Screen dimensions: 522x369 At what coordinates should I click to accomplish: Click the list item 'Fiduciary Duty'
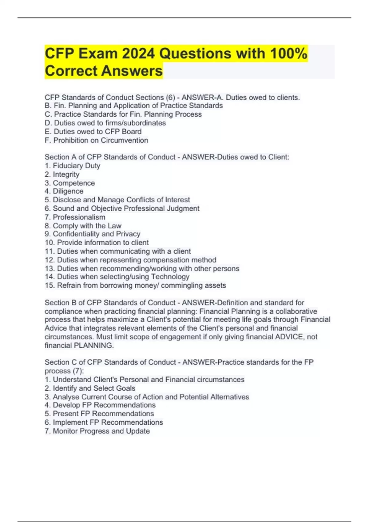pos(77,166)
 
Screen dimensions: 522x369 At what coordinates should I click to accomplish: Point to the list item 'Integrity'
pos(66,174)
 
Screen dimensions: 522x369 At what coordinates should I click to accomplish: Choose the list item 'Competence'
pos(74,183)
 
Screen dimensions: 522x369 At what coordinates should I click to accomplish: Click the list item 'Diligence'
pos(68,191)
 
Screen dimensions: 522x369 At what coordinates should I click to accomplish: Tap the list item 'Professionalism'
pos(79,217)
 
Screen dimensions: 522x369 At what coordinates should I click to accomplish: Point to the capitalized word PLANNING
pos(93,345)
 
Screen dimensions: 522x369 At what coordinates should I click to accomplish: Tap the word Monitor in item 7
pos(65,431)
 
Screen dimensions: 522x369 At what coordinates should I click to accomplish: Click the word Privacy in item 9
pos(128,234)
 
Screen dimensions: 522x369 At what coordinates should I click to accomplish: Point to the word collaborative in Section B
pos(296,311)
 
